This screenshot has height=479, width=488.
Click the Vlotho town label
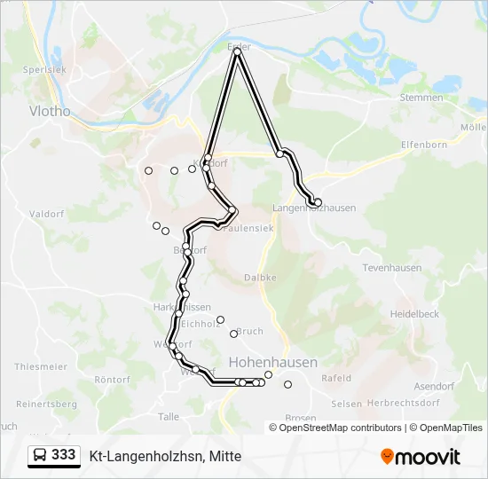(x=50, y=112)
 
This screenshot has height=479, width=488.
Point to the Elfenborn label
(x=423, y=144)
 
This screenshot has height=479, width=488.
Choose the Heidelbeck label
(x=414, y=314)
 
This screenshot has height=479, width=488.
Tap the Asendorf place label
(x=435, y=387)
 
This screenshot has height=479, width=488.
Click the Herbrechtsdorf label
(x=403, y=403)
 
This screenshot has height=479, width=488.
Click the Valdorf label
(x=43, y=214)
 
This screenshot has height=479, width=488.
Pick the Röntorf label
(x=112, y=380)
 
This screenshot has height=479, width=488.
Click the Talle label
(x=168, y=416)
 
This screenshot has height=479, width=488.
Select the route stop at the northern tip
(x=238, y=52)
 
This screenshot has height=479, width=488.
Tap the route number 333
(x=64, y=455)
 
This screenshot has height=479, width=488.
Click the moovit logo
(x=421, y=456)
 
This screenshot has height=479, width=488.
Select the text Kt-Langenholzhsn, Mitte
(x=165, y=456)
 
